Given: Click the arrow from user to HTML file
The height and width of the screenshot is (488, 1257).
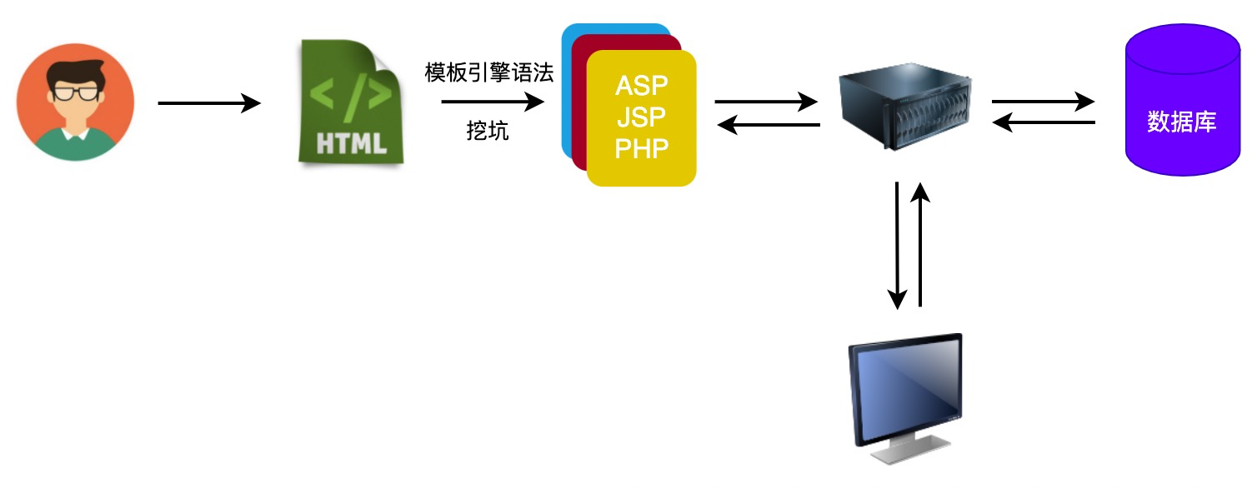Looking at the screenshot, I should pos(209,103).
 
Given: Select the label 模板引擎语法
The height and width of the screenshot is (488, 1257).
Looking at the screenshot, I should pos(489,73).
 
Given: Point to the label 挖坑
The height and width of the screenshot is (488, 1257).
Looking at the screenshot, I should pos(488,132).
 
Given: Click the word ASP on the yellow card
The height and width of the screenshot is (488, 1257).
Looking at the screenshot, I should pos(641,86).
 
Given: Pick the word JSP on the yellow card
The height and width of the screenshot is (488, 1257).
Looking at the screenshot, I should pos(641,117).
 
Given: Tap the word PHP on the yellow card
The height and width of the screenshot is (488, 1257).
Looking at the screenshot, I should pos(641,148).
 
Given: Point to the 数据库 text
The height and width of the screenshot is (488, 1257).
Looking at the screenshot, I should pos(1181,122).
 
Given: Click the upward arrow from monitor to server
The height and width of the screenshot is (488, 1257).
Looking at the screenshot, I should pos(920,245).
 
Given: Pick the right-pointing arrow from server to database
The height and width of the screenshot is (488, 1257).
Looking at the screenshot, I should pos(1043,102).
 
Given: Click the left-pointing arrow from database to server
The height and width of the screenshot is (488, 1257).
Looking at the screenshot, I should pos(1043,124).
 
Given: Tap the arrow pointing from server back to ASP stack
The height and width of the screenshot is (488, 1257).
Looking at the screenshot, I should pos(768,125).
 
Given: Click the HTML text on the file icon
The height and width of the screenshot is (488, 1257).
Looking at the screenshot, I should pos(351,142).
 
